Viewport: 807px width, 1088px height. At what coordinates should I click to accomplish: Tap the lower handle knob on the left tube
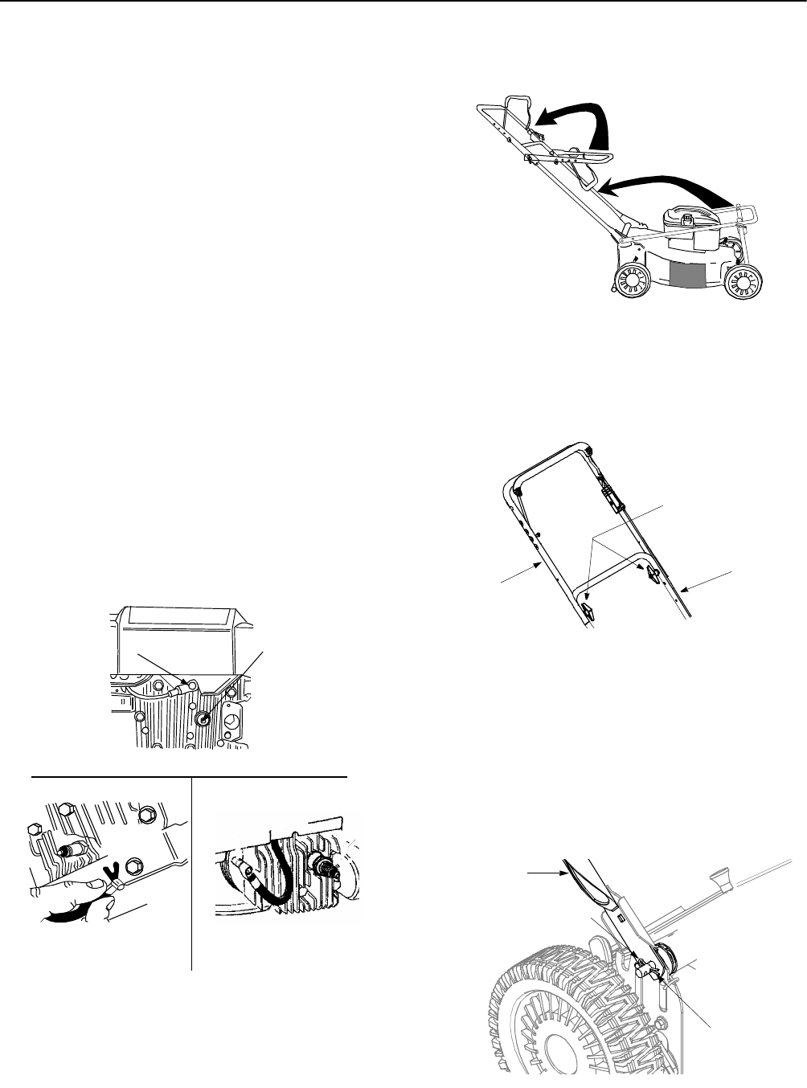point(586,613)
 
